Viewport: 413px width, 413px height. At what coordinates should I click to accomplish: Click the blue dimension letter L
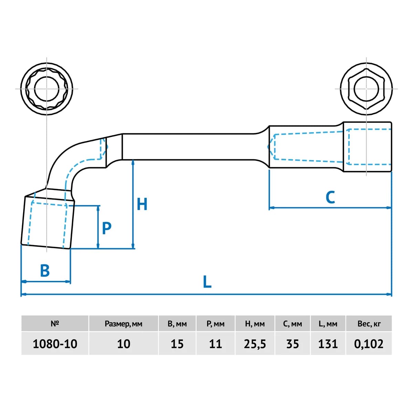point(207,282)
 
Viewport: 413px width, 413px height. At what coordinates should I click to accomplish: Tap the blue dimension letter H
point(142,204)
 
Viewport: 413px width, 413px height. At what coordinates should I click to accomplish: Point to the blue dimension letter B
point(45,270)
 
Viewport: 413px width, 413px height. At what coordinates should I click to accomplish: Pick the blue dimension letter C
point(330,197)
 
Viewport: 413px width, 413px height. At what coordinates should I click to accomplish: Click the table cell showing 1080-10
point(55,344)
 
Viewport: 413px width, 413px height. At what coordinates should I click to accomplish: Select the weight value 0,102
point(368,344)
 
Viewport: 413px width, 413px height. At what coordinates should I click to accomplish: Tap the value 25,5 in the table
point(255,344)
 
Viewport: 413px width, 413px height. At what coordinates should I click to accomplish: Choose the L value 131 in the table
point(328,344)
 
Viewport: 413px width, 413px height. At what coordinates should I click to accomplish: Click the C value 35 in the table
point(293,344)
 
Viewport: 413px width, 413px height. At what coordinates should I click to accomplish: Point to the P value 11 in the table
point(215,344)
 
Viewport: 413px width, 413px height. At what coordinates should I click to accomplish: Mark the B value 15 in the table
point(177,344)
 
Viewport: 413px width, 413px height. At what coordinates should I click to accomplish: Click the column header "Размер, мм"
point(124,324)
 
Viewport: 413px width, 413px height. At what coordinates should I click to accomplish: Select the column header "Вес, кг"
point(369,324)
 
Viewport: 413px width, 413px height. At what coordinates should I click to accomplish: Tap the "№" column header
point(55,324)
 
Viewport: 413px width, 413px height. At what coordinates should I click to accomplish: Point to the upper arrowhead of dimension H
point(133,162)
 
